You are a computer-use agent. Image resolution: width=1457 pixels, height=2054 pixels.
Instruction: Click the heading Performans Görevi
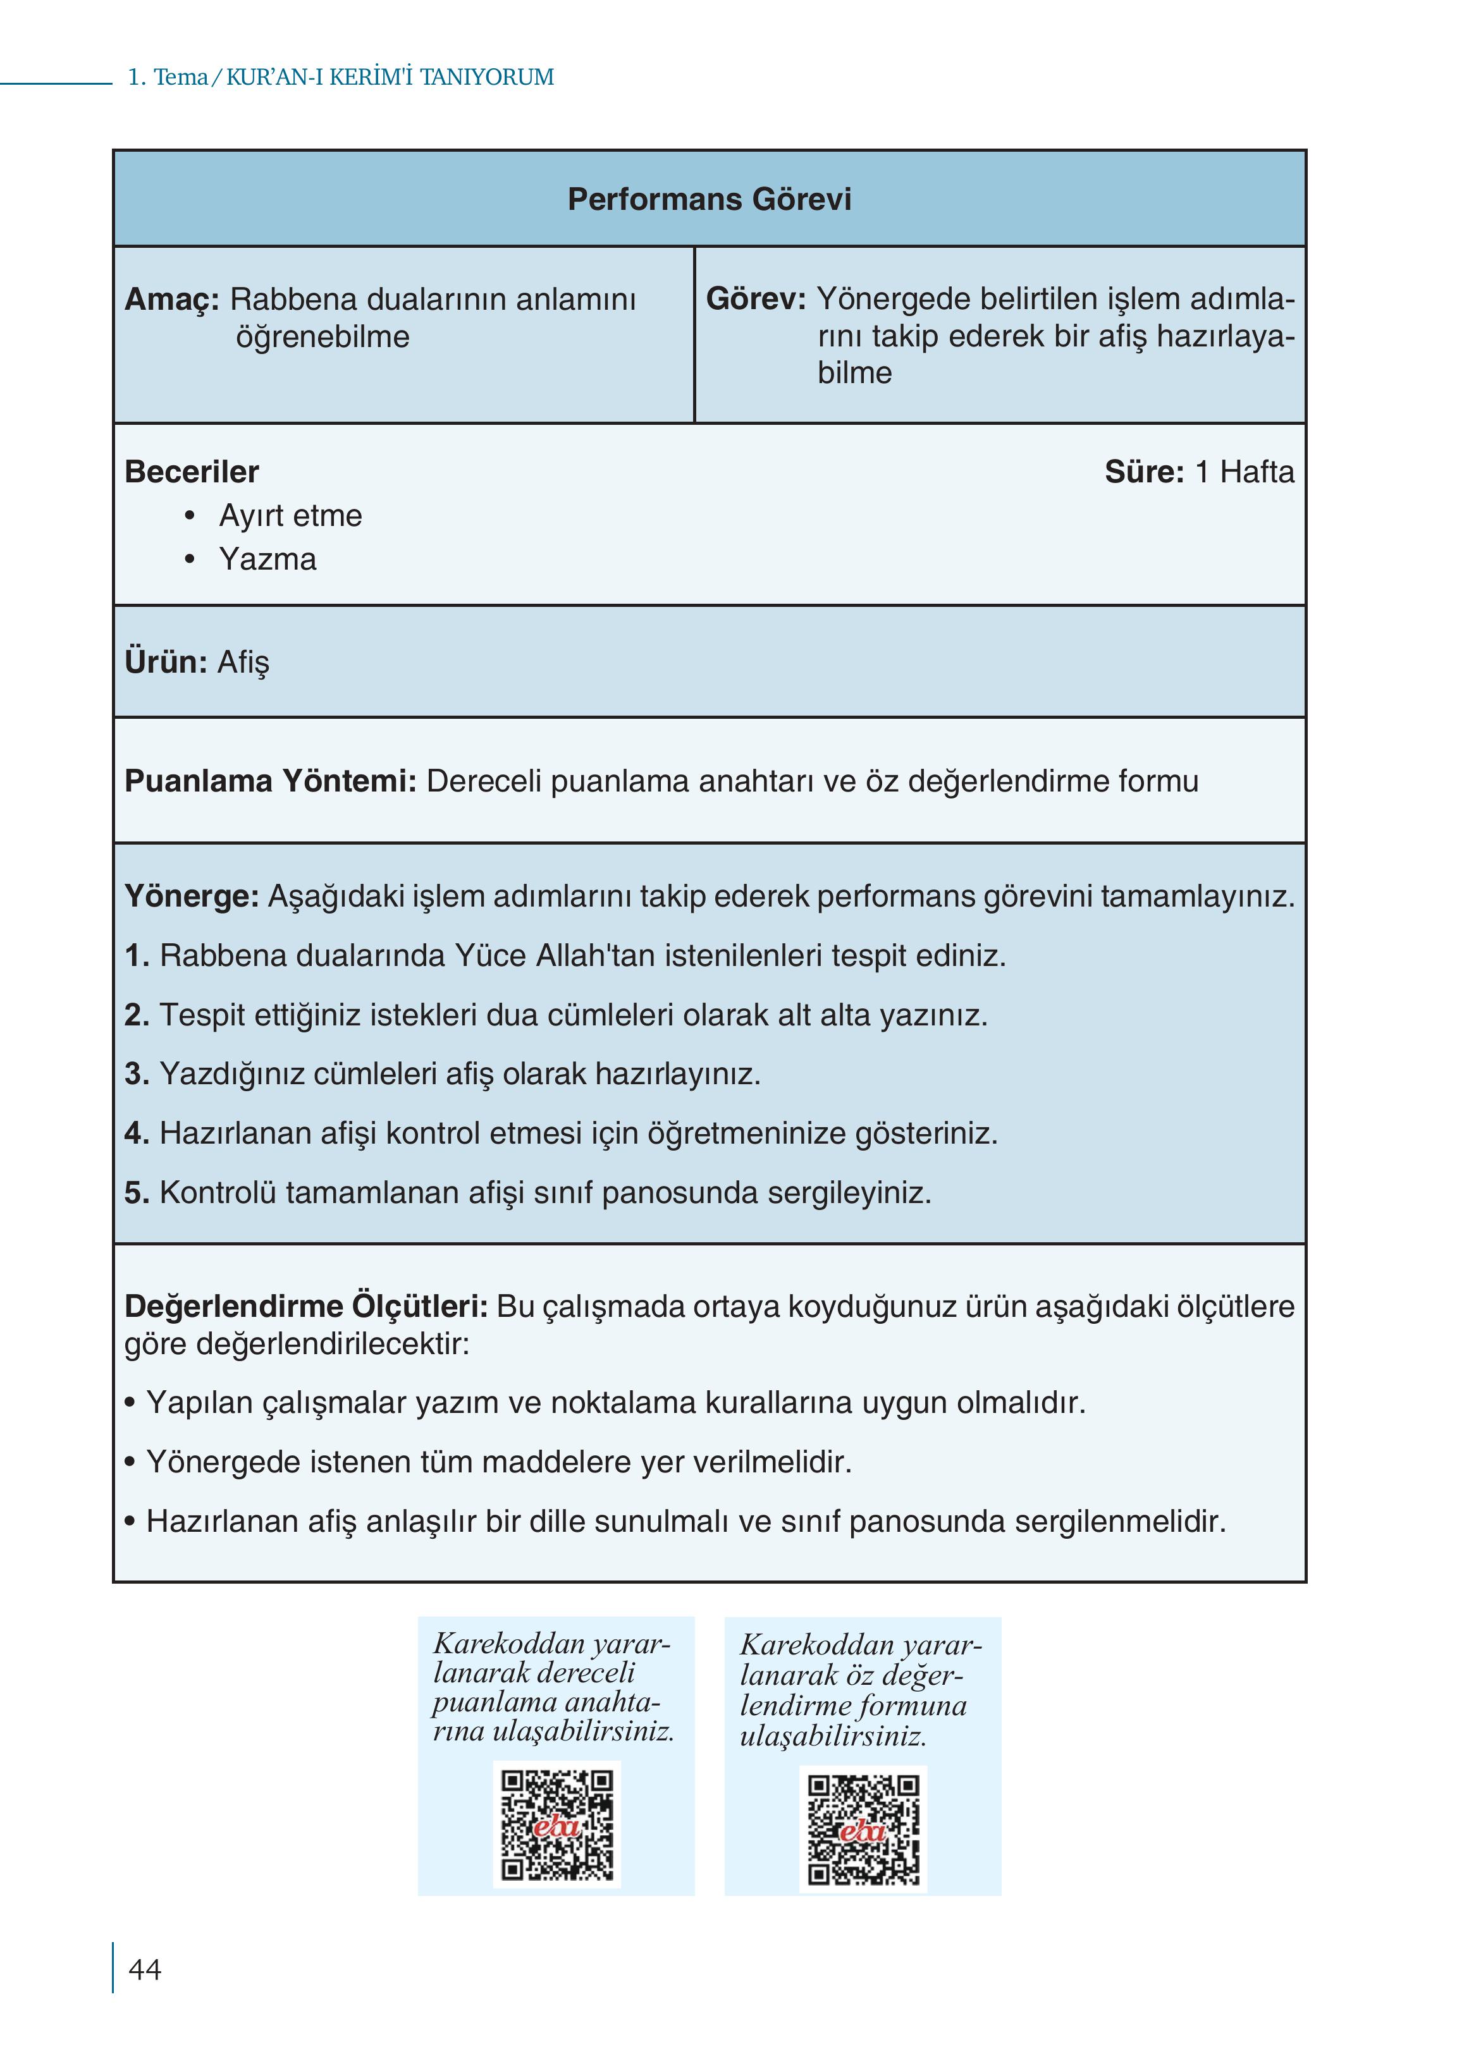tap(709, 199)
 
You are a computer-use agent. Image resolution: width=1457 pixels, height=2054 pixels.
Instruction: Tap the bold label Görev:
tap(756, 298)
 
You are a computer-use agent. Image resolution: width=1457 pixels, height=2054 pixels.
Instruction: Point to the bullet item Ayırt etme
tap(290, 516)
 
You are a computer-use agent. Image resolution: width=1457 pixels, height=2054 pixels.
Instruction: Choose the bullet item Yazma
tap(267, 559)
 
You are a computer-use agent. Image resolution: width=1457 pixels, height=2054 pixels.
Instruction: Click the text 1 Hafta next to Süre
tap(1245, 472)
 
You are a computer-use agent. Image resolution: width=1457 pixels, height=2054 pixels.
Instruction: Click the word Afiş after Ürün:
tap(242, 662)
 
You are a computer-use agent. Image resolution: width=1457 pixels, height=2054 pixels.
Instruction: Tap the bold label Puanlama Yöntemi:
tap(270, 781)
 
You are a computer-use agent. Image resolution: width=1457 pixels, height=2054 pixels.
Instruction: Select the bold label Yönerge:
tap(191, 896)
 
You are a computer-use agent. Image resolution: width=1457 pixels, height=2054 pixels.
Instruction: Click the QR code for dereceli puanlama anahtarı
tap(556, 1825)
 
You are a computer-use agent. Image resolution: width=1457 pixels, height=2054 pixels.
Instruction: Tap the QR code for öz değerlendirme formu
tap(863, 1830)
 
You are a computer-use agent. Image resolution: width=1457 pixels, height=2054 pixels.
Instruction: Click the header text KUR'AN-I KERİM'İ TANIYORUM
tap(390, 77)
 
